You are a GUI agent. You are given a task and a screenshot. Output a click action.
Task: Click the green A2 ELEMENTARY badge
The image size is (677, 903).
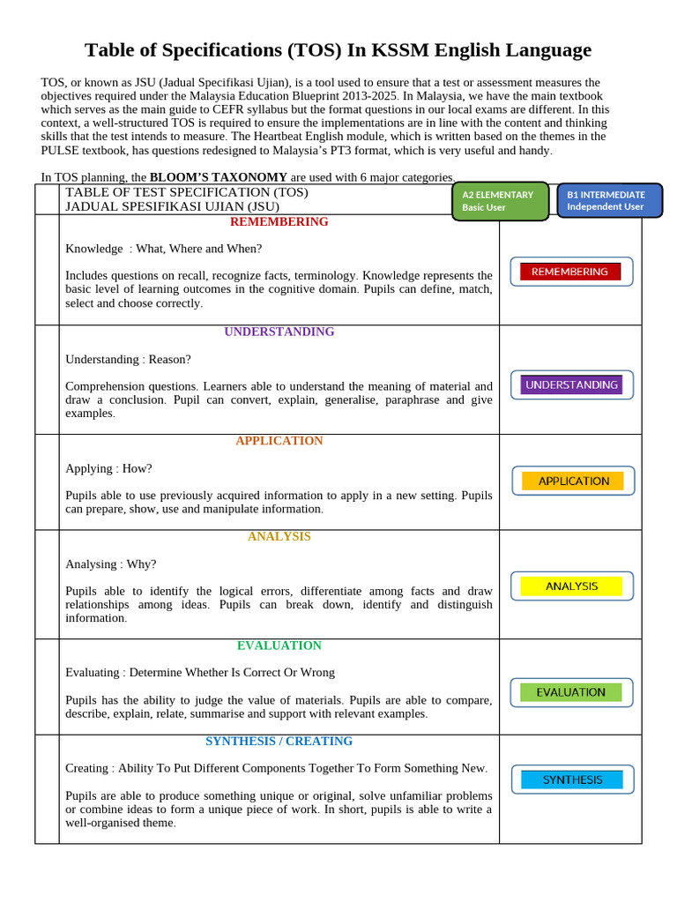coord(500,200)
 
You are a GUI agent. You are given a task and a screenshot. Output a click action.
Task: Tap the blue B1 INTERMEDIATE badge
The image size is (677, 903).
coord(609,200)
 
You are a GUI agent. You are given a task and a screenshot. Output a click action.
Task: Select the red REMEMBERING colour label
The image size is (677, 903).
coord(570,272)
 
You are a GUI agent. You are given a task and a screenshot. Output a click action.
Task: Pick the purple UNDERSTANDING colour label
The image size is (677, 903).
coord(571,384)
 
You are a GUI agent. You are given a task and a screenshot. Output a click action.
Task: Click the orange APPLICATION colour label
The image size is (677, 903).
coord(573,481)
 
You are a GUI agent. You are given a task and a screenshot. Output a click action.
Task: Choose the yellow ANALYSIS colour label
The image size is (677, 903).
coord(571,586)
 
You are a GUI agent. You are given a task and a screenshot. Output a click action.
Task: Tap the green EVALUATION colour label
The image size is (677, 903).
coord(570,692)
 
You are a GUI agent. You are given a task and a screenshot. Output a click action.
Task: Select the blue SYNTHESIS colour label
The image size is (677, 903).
coord(572,780)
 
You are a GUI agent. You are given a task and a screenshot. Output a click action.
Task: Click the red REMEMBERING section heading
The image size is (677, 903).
coord(279,221)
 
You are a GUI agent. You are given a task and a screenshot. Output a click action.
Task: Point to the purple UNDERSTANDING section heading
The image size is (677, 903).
coord(279,332)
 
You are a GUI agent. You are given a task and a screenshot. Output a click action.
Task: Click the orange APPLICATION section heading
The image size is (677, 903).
coord(279,440)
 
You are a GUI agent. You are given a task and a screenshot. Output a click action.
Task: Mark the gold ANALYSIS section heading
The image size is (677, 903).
coord(279,536)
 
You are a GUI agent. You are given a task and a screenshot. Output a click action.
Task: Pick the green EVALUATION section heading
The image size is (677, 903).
coord(279,646)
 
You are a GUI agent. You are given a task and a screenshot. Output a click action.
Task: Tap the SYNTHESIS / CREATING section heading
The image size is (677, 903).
coord(279,741)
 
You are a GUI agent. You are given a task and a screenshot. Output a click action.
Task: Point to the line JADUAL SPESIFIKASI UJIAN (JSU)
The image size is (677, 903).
coord(172,205)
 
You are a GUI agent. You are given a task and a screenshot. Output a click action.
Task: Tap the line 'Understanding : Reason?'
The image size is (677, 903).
coord(128,359)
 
